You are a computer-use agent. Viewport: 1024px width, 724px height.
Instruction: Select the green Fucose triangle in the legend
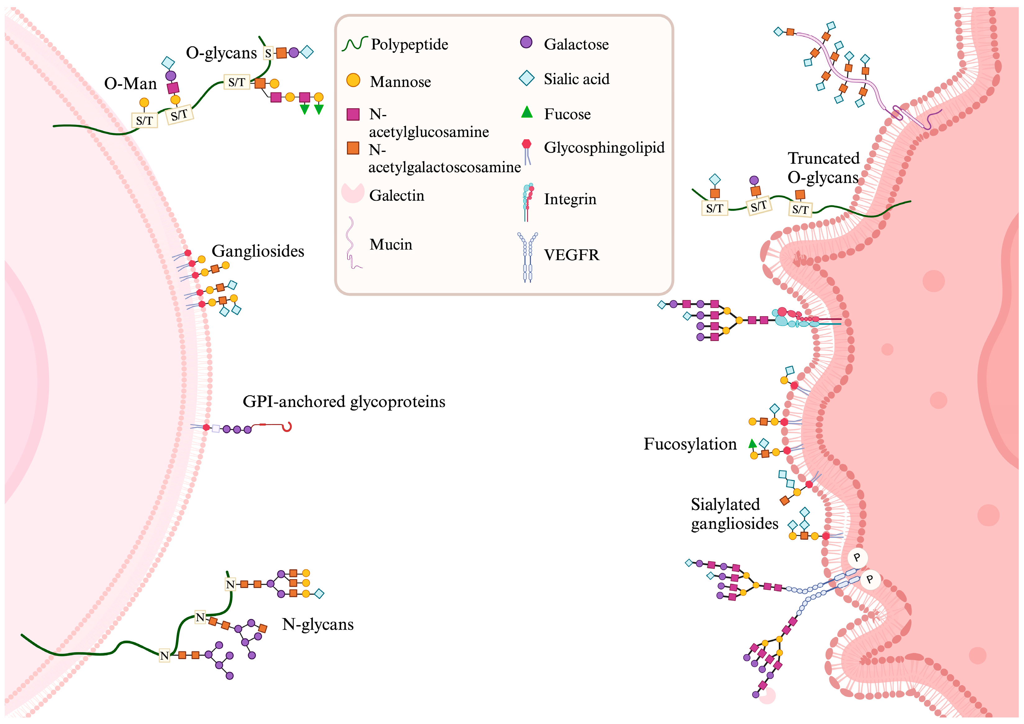coord(527,112)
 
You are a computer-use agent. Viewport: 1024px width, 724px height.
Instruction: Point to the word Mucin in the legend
coord(391,244)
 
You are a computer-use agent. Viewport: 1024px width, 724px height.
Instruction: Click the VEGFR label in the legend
coord(571,255)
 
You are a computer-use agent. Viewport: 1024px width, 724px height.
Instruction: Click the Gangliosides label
coord(258,251)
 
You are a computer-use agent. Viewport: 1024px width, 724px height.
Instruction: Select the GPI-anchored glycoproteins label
coord(344,402)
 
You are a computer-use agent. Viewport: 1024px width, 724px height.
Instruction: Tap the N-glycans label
coord(318,624)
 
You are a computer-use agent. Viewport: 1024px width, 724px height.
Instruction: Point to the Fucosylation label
coord(690,444)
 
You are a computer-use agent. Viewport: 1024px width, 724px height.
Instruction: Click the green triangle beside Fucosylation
coord(752,443)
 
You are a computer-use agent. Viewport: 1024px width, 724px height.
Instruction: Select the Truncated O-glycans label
coord(823,168)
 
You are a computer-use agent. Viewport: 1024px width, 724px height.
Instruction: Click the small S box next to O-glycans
coord(268,53)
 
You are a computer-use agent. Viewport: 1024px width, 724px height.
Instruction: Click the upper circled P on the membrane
coord(856,557)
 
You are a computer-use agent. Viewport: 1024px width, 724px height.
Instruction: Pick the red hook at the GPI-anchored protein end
coord(287,427)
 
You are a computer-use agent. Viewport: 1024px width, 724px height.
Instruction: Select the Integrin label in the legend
coord(570,199)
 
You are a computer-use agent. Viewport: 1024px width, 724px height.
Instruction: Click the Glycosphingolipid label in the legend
coord(604,147)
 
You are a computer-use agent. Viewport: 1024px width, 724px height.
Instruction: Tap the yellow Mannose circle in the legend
coord(353,80)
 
